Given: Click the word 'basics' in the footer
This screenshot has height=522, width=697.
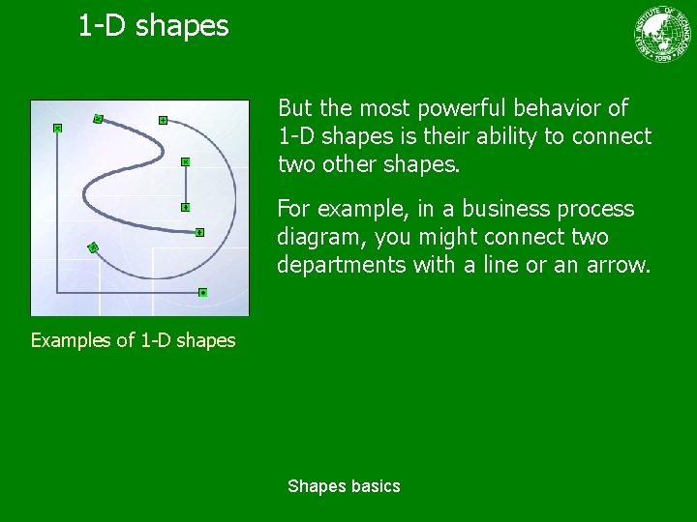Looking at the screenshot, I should (376, 486).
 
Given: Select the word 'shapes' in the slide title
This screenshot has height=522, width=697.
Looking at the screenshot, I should (182, 26).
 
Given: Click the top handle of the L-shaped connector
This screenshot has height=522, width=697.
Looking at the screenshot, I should (57, 128).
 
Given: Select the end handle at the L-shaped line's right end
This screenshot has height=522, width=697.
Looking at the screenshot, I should (202, 292).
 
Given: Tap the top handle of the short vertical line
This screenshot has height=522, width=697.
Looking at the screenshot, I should (185, 161).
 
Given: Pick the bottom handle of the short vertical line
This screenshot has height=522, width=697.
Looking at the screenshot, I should (185, 207).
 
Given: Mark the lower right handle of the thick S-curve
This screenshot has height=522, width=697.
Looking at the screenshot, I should (198, 232).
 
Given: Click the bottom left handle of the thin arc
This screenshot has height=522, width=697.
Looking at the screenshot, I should (93, 247).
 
